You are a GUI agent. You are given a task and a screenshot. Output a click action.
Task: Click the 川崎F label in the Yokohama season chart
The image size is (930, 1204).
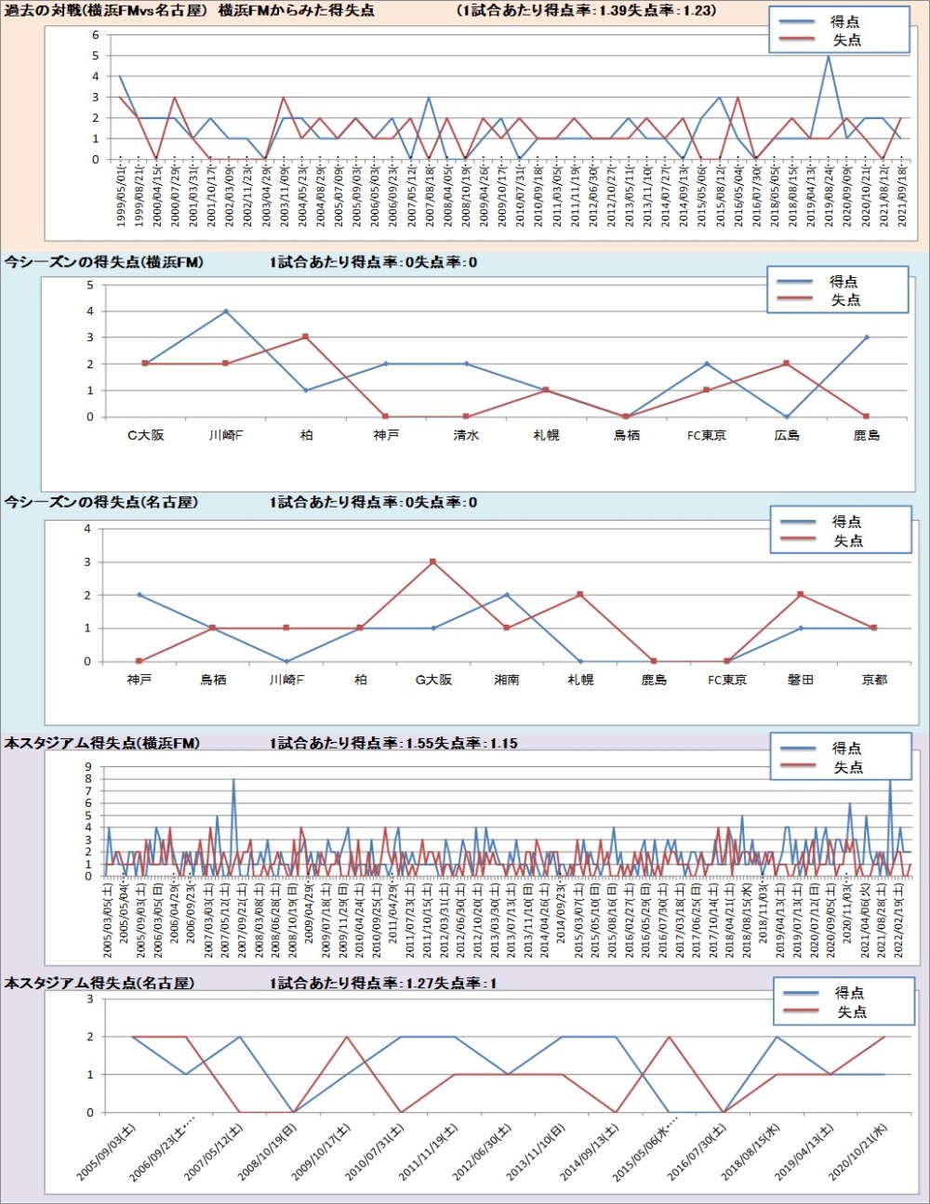[x=226, y=435]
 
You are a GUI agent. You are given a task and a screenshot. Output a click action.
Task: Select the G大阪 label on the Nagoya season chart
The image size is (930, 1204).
[x=433, y=680]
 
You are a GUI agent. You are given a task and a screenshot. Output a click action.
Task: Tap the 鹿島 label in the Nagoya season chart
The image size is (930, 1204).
[x=654, y=680]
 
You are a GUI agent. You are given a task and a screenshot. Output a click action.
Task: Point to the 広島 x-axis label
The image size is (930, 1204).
[x=787, y=435]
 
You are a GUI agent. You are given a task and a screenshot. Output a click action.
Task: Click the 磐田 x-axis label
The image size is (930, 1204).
[x=801, y=680]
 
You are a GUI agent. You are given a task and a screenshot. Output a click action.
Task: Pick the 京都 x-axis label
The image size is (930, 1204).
[x=874, y=680]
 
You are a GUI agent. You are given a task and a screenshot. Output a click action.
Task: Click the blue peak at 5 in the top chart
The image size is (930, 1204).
[x=829, y=56]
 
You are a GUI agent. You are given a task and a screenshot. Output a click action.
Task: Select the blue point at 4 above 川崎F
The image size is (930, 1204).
[x=226, y=311]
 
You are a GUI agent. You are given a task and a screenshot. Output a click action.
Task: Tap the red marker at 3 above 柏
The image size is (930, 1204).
[x=306, y=337]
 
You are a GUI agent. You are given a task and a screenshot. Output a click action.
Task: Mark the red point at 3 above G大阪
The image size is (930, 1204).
[x=433, y=562]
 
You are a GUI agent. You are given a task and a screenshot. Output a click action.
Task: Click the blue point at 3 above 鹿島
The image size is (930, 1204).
[x=867, y=337]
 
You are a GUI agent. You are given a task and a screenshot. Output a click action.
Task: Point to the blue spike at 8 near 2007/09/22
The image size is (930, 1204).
[x=233, y=780]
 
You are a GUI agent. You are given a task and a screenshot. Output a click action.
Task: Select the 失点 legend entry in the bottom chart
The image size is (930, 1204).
[x=851, y=1012]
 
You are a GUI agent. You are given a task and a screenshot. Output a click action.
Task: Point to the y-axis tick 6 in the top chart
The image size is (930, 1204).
[x=95, y=35]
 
